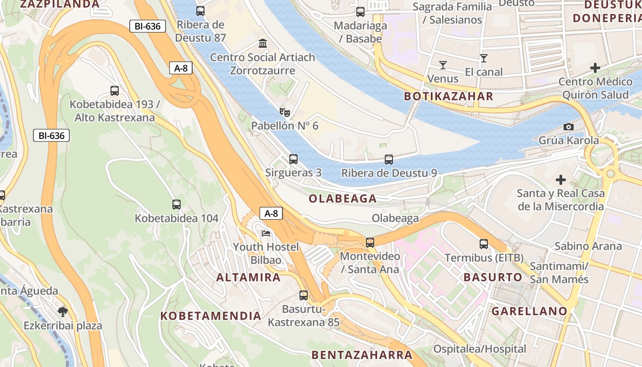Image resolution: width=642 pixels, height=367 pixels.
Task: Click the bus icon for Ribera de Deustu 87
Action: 200,11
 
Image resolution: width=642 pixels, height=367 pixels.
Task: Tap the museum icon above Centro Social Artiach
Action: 263,44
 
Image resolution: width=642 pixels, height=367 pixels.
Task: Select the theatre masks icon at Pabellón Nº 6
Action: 285,112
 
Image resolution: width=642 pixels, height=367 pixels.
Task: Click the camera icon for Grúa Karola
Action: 569,127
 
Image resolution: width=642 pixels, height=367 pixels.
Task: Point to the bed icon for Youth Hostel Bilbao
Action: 266,234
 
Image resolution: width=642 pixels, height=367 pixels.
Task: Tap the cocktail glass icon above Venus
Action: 443,65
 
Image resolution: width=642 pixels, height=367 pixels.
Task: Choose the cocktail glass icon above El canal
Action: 483,58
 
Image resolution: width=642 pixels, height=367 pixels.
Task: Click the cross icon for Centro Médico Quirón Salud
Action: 595,68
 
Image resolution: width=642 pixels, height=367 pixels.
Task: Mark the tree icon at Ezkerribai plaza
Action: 63,312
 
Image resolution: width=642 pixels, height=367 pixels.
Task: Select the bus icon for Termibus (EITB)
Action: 484,244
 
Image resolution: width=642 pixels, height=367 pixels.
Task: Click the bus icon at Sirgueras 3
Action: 293,159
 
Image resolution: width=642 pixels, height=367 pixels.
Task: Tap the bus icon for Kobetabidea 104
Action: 177,205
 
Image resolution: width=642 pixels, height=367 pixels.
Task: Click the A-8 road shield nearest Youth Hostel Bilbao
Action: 271,213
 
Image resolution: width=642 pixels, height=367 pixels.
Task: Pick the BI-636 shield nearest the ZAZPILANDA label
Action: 147,26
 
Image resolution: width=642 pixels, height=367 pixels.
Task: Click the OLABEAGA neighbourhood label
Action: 343,199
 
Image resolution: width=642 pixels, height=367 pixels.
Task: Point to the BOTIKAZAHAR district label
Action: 448,96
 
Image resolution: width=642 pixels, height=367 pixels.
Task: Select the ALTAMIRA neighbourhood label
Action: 248,277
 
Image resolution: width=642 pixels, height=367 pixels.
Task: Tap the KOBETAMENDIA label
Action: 211,316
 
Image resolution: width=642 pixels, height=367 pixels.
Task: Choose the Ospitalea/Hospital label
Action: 480,349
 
